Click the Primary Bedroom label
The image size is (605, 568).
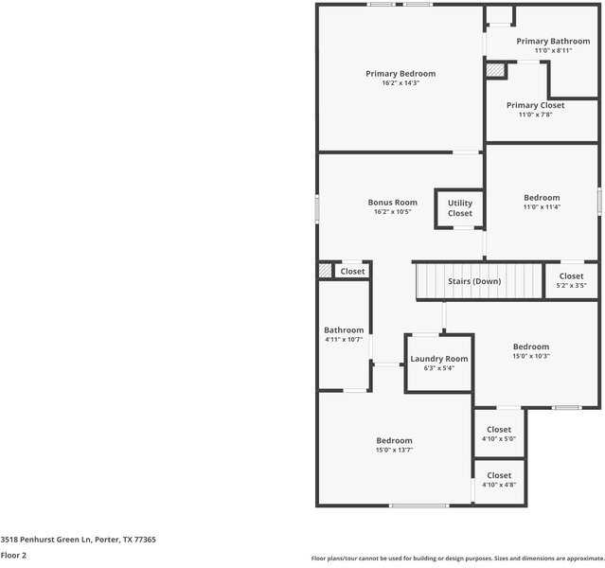click(400, 74)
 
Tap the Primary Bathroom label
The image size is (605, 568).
click(552, 42)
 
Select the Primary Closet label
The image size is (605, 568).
click(535, 105)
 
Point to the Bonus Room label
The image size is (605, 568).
click(392, 203)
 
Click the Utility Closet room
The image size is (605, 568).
click(460, 208)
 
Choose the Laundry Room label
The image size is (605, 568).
click(438, 359)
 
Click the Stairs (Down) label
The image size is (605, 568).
click(481, 281)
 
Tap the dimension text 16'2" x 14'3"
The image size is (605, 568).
click(400, 83)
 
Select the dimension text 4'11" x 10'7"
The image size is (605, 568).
click(344, 340)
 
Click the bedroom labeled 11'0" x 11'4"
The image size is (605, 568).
click(542, 202)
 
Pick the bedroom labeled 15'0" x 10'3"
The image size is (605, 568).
click(531, 351)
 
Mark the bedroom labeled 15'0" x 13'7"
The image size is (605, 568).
click(394, 445)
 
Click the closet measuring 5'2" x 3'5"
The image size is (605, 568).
click(571, 280)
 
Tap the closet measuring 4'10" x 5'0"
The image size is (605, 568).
click(499, 434)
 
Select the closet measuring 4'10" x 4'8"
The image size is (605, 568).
click(499, 480)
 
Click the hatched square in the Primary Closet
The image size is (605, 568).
click(494, 70)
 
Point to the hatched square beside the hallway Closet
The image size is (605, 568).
click(326, 271)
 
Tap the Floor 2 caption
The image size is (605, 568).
click(13, 556)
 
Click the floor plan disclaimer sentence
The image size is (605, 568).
click(456, 559)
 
